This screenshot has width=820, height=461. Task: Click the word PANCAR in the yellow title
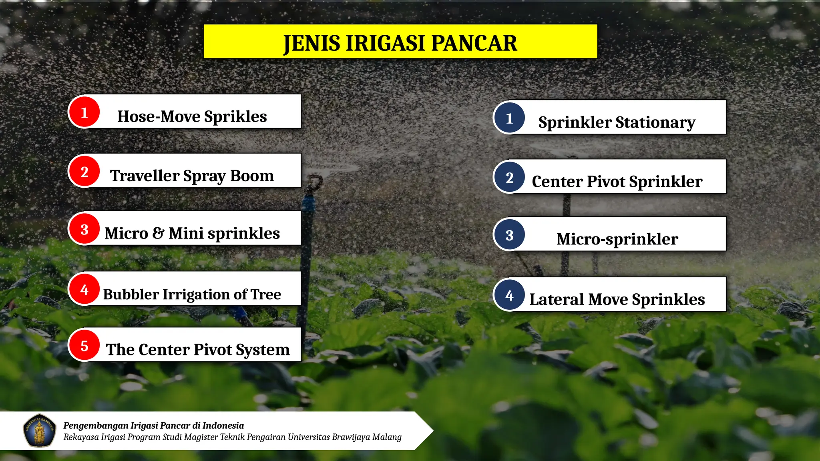coord(474,43)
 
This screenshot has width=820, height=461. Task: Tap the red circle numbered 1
coord(84,112)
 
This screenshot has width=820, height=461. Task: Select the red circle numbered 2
coord(84,171)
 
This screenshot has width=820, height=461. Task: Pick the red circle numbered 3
coord(84,229)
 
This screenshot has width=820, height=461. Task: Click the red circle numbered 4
coord(84,289)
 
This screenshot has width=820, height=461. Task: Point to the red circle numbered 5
coord(84,345)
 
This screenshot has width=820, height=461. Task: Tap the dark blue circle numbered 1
coord(509,118)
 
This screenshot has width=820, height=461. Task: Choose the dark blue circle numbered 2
coord(509,177)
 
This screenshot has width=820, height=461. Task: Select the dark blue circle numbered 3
coord(509,235)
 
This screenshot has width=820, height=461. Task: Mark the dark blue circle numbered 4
coord(509,295)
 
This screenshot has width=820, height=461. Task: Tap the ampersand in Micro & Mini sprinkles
coord(158,233)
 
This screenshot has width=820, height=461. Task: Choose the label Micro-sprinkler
coord(617,239)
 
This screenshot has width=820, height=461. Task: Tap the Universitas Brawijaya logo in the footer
coord(39,431)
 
